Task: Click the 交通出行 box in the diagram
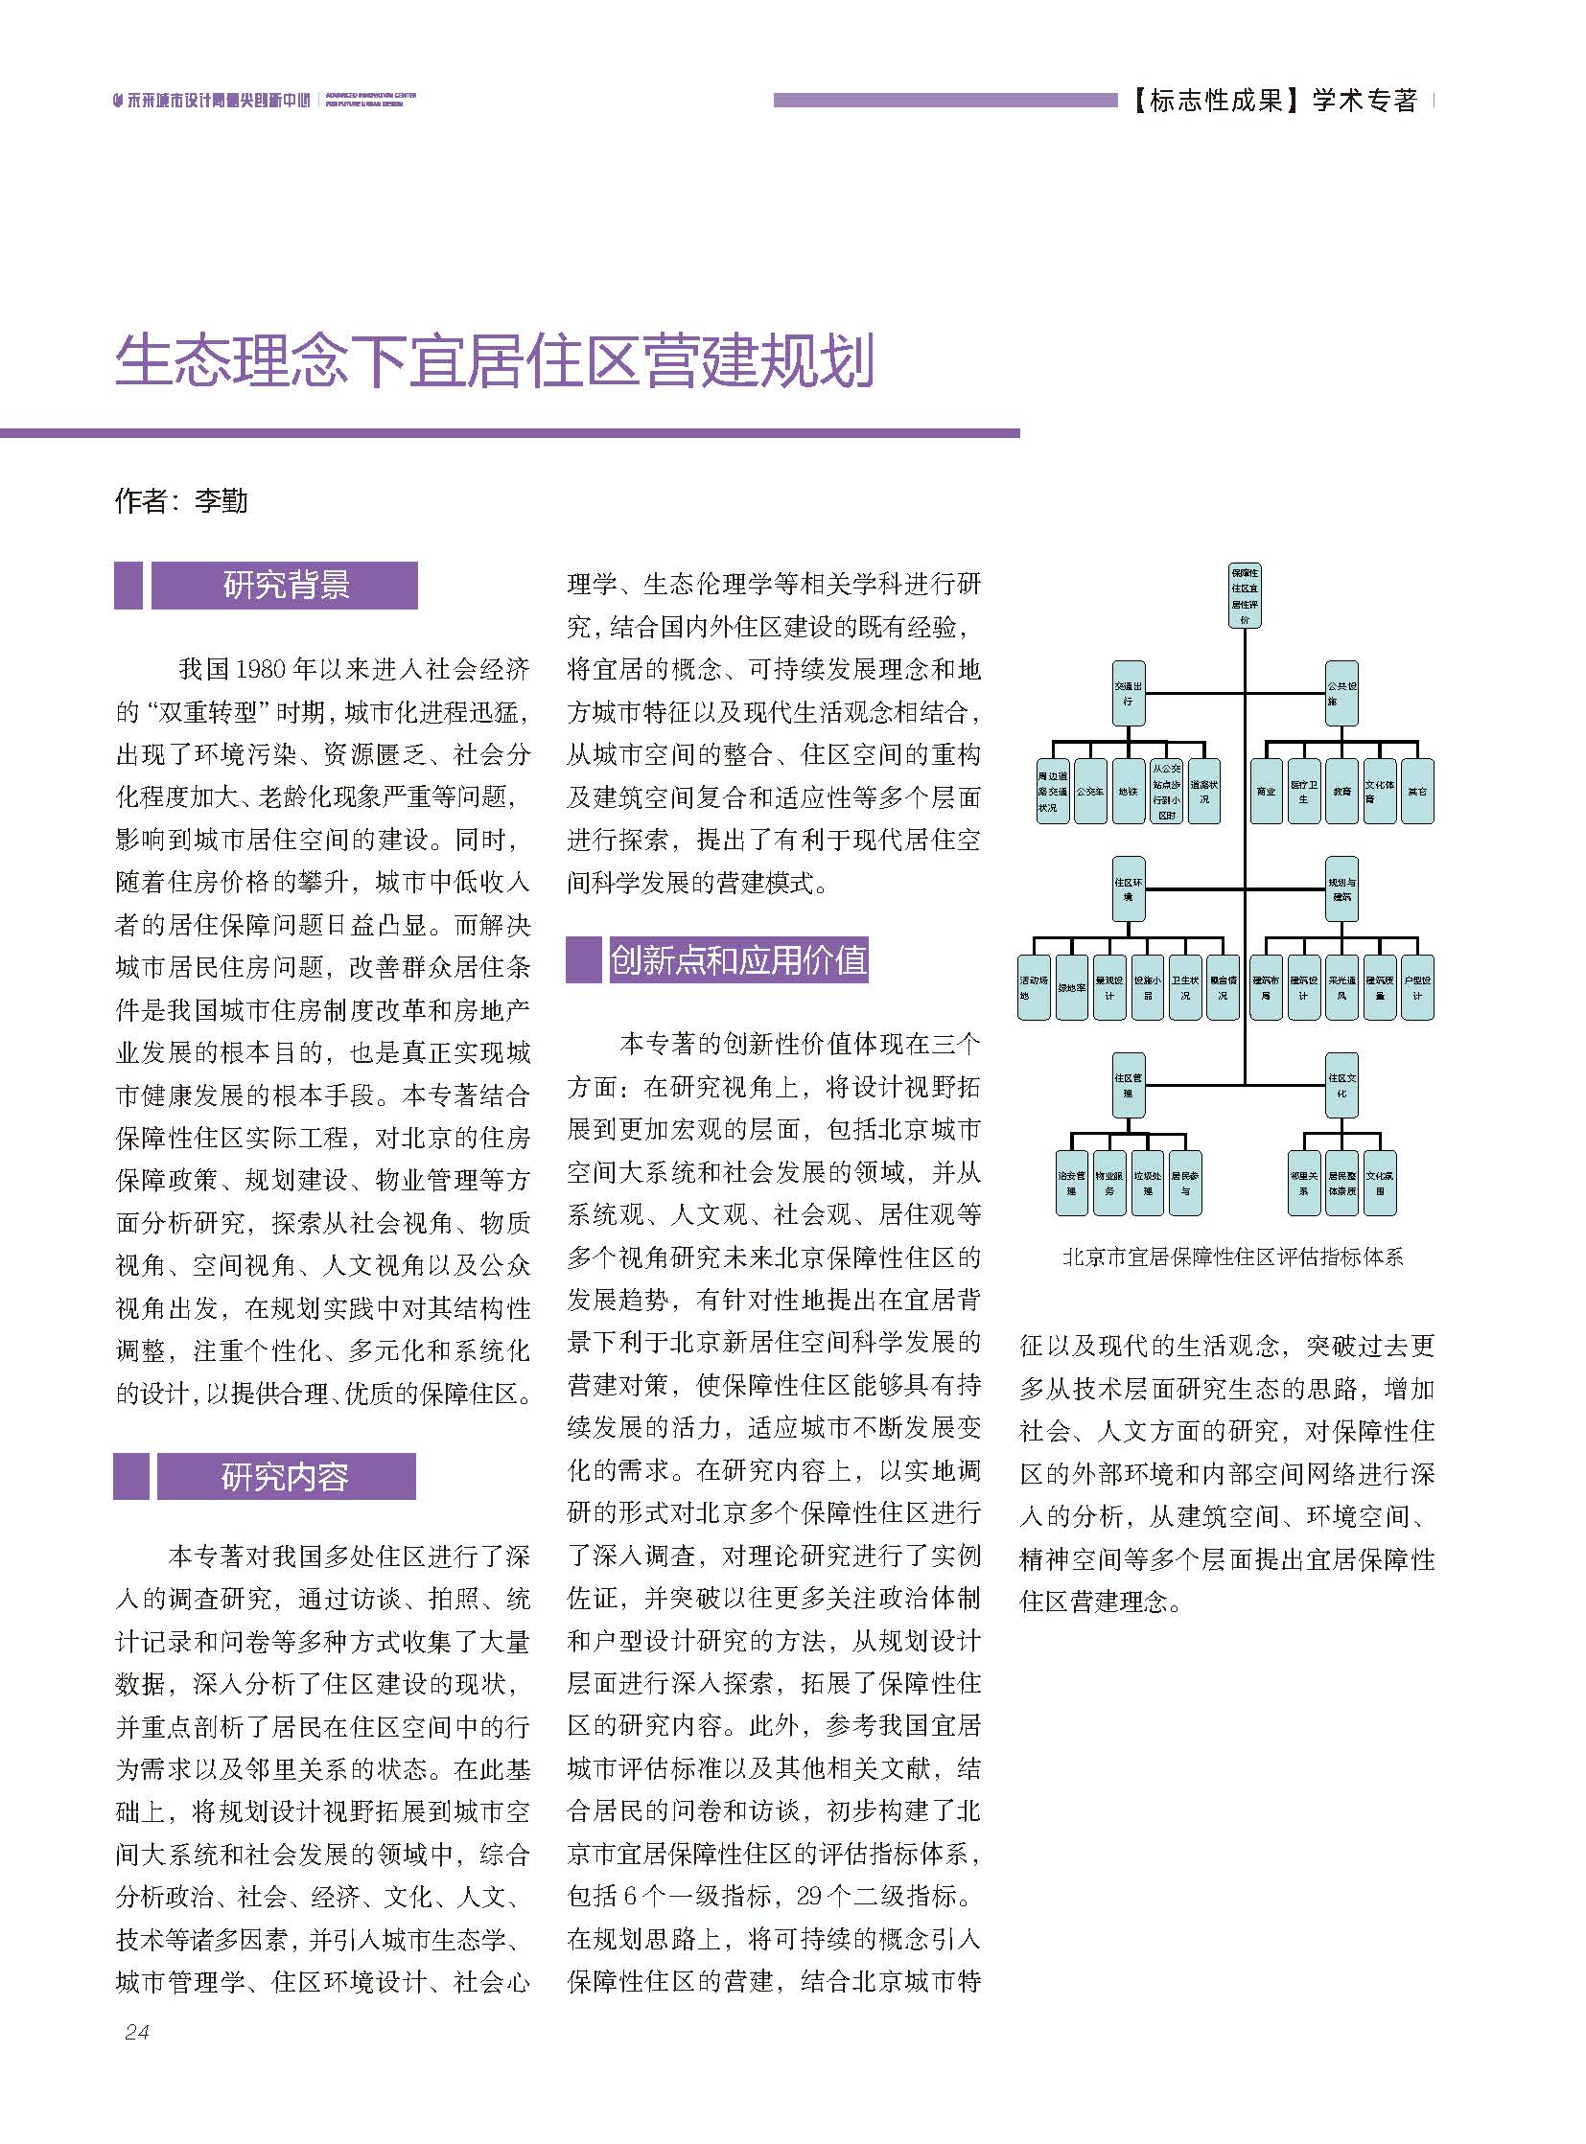[1128, 693]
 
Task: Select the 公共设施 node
[1341, 693]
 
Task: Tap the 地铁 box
[1128, 792]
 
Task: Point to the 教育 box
[1341, 792]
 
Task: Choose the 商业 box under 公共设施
[1267, 792]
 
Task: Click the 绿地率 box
[1071, 987]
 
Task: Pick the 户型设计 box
[1417, 987]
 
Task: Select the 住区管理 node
[1128, 1086]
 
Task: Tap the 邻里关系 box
[1304, 1183]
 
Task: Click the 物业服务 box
[1108, 1183]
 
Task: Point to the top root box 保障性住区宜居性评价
[1246, 596]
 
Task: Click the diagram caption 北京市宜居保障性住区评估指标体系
[1233, 1257]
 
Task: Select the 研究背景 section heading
[285, 586]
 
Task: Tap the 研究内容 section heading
[285, 1476]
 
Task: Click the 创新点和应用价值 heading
[738, 959]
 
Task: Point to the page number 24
[136, 2031]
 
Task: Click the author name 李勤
[221, 501]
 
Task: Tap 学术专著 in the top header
[1364, 100]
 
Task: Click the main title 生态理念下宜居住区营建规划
[495, 362]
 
